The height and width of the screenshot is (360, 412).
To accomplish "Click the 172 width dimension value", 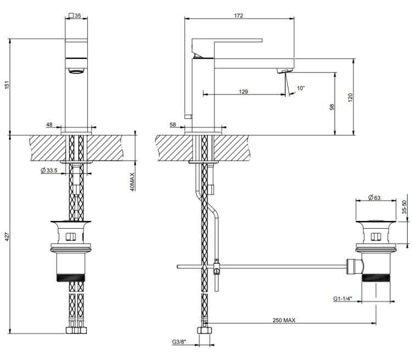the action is [238, 15].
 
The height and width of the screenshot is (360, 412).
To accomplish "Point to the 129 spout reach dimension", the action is [243, 92].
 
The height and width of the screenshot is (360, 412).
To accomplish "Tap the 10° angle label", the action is [300, 88].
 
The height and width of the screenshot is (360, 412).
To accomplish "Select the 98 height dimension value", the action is [332, 107].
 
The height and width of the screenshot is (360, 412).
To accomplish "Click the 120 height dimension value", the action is [350, 98].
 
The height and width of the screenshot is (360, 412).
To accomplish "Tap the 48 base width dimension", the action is [49, 124].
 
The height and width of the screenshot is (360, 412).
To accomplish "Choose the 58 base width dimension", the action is [172, 124].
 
